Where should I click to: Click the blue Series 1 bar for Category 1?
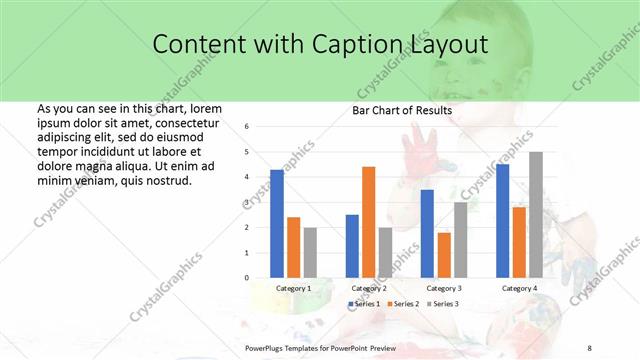[276, 223]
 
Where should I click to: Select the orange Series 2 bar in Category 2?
[368, 221]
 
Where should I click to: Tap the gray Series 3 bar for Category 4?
[536, 214]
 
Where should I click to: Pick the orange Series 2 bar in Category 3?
[443, 254]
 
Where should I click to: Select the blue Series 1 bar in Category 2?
[352, 245]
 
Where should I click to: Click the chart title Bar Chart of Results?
[402, 110]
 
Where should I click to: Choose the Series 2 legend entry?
[402, 303]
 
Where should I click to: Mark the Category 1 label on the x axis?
[293, 288]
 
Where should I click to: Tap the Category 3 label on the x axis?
[443, 288]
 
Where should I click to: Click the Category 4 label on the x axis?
[519, 288]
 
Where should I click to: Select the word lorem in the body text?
[205, 108]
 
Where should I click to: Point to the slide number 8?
[589, 349]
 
